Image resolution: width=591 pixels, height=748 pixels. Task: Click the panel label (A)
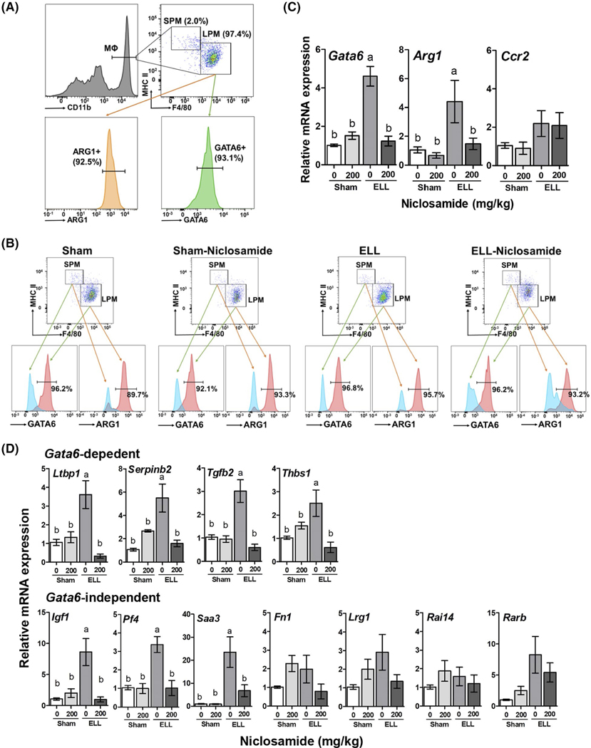tap(15, 9)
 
